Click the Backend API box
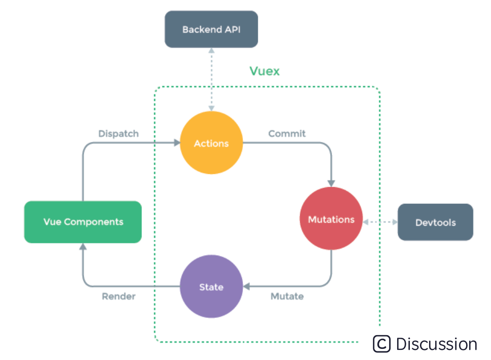pyautogui.click(x=211, y=29)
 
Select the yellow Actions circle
pyautogui.click(x=211, y=143)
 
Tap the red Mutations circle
pyautogui.click(x=331, y=220)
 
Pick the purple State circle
pyautogui.click(x=211, y=286)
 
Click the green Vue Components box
pyautogui.click(x=83, y=222)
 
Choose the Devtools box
pyautogui.click(x=435, y=222)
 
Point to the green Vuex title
pyautogui.click(x=264, y=71)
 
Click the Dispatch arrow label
pyautogui.click(x=118, y=134)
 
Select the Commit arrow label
pyautogui.click(x=287, y=134)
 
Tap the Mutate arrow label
pyautogui.click(x=287, y=296)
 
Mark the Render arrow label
pyautogui.click(x=119, y=296)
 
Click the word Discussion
pyautogui.click(x=436, y=344)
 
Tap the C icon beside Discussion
pyautogui.click(x=382, y=344)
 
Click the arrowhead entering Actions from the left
pyautogui.click(x=177, y=143)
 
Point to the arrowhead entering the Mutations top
pyautogui.click(x=331, y=183)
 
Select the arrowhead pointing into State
pyautogui.click(x=246, y=286)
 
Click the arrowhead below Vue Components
pyautogui.click(x=83, y=247)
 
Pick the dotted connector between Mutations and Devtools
pyautogui.click(x=380, y=222)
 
